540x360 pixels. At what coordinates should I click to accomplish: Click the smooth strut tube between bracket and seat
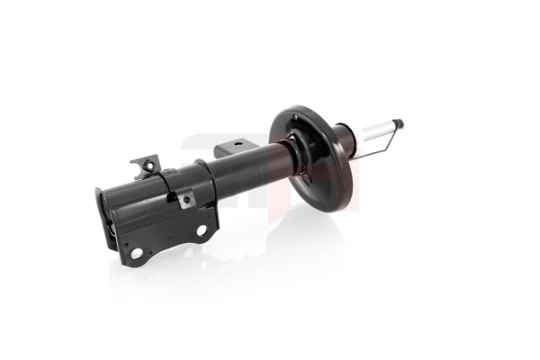click(252, 166)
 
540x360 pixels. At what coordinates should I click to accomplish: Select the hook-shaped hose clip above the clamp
click(146, 166)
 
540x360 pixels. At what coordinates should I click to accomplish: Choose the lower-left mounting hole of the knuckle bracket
click(137, 253)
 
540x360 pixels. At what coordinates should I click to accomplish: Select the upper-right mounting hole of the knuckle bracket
click(202, 230)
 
